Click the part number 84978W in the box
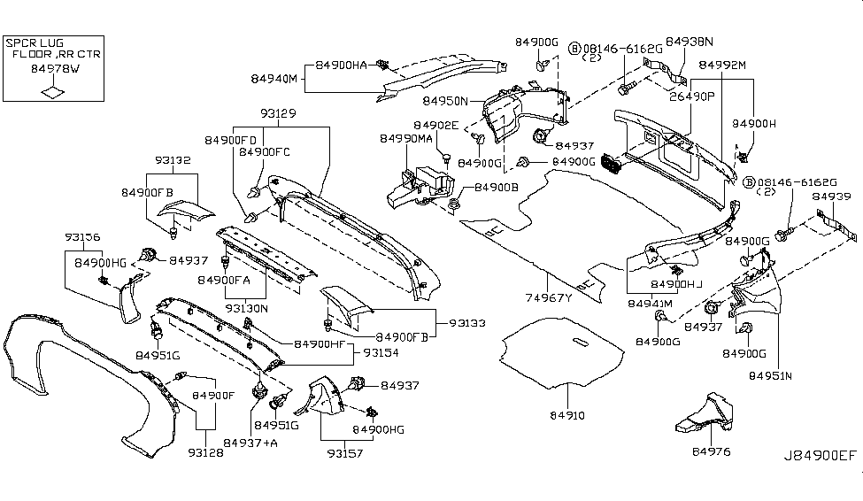pos(54,66)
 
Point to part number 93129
pos(279,114)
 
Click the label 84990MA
pos(406,140)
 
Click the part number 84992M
pos(722,66)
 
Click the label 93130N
pos(246,308)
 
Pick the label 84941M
pos(651,303)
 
